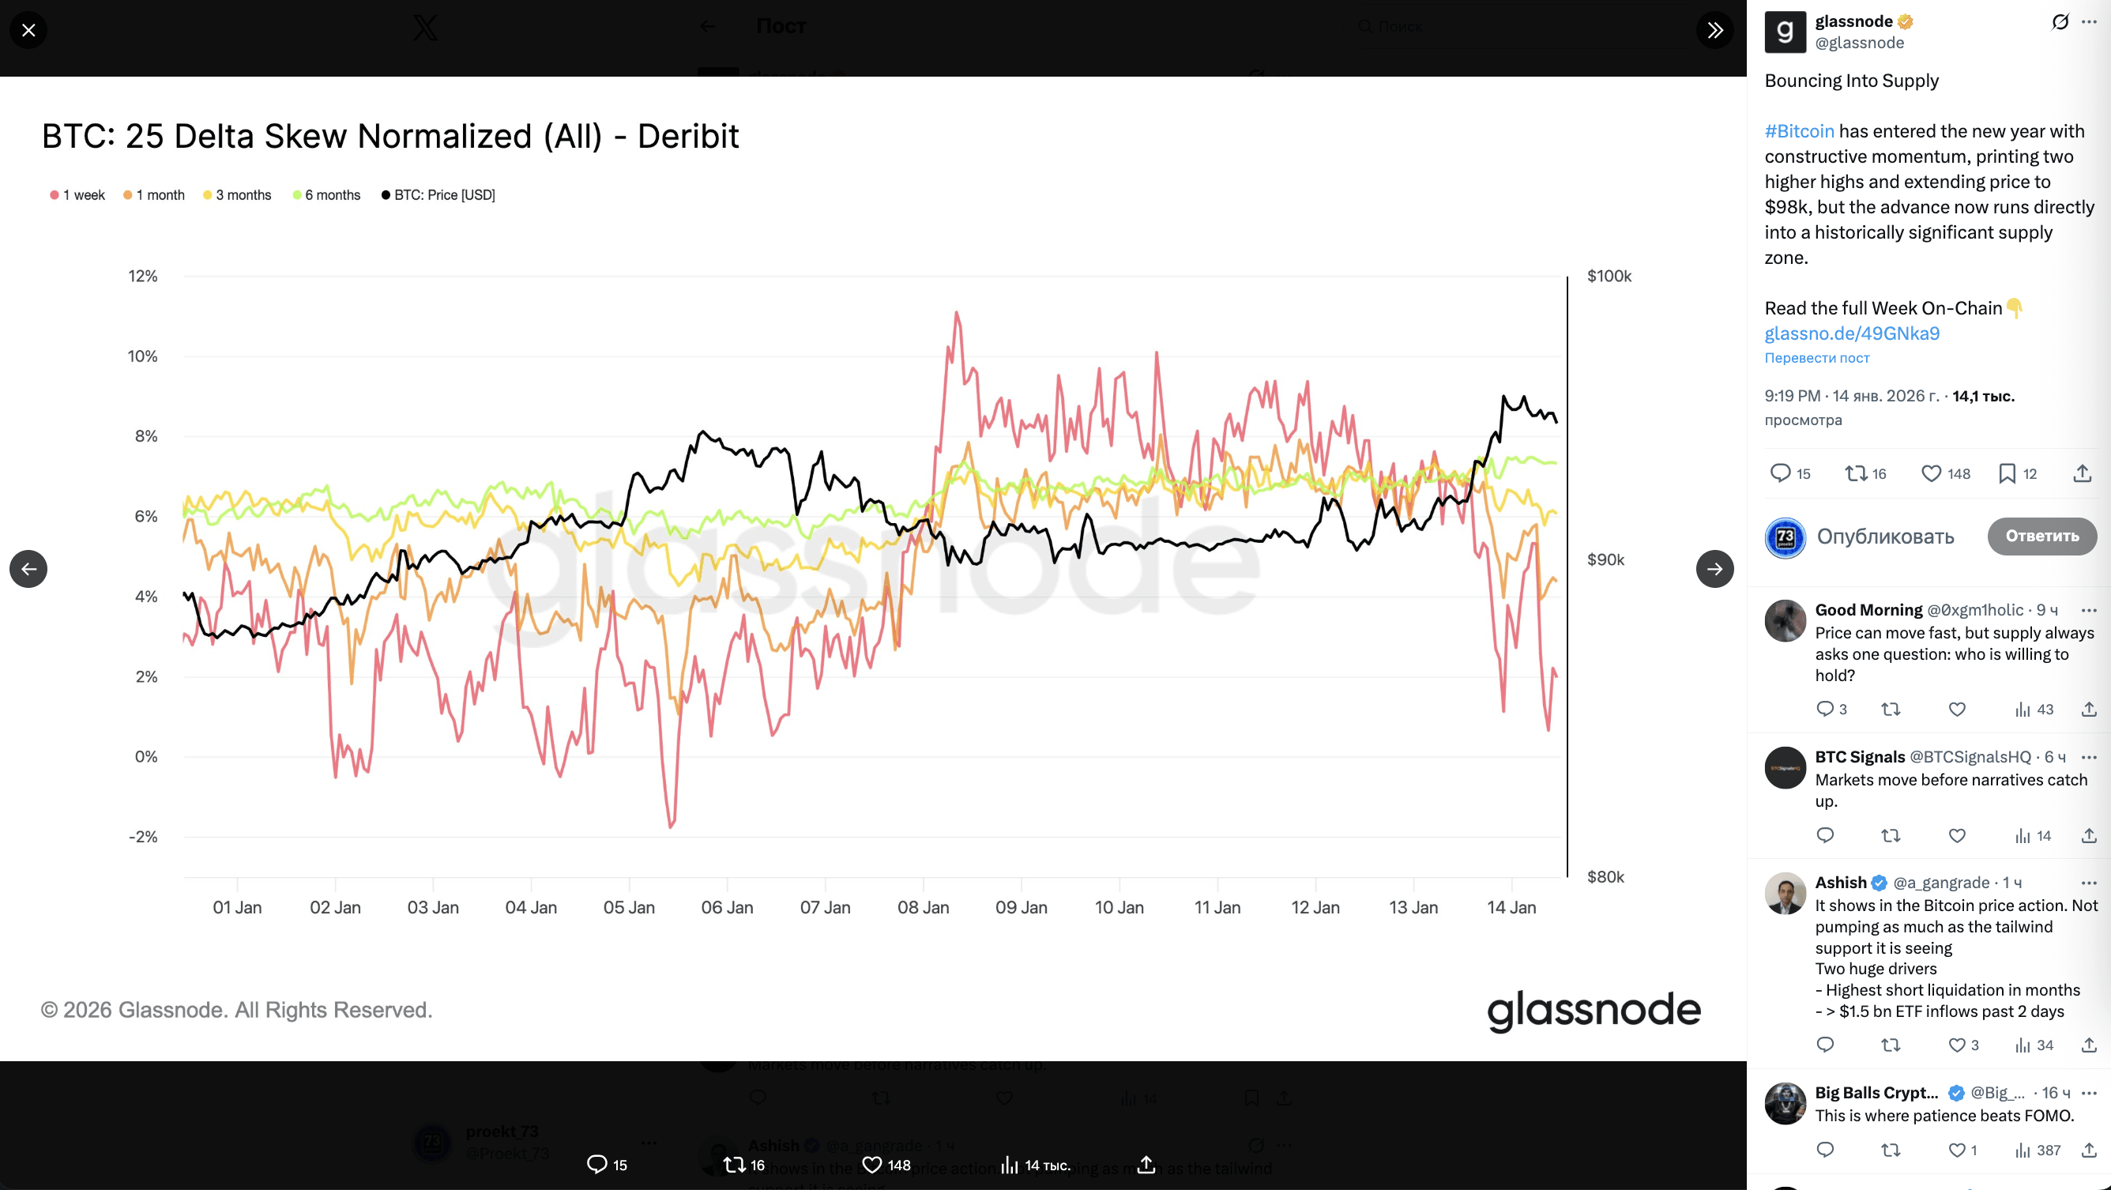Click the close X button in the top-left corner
pos(28,30)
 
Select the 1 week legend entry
pos(78,195)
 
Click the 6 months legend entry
pos(326,195)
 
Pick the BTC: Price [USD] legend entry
pos(438,195)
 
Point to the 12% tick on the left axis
pos(142,277)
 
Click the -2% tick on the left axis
pos(142,837)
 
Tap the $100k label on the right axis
pos(1609,277)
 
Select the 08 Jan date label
pos(923,907)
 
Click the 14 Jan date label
pos(1511,907)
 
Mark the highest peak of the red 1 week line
pos(955,312)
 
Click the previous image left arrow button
pos(28,569)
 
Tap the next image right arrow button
pos(1714,569)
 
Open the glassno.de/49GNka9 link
pos(1851,333)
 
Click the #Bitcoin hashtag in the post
pos(1799,131)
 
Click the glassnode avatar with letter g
pos(1785,32)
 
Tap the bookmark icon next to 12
pos(2007,473)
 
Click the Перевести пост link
pos(1816,358)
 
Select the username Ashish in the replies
pos(1840,883)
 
